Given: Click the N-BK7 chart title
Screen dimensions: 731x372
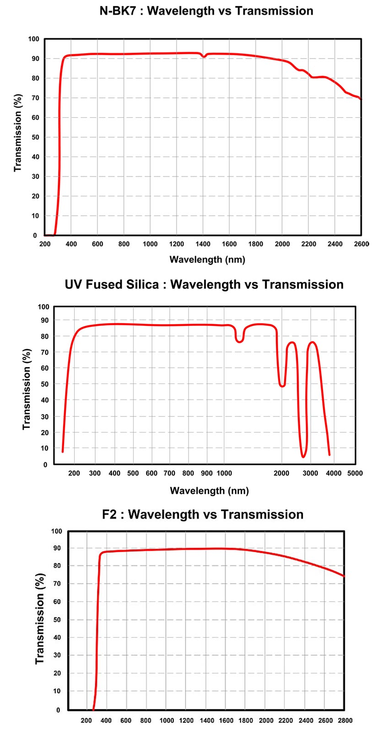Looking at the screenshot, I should click(206, 11).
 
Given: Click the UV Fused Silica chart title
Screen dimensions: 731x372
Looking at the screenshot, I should click(204, 284).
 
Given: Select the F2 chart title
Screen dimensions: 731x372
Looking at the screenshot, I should click(203, 514).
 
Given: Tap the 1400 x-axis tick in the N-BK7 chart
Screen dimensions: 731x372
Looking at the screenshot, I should click(203, 244).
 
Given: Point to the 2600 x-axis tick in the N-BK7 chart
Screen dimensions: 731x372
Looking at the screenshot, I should click(361, 244).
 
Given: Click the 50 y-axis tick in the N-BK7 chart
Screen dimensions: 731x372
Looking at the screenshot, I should click(35, 137).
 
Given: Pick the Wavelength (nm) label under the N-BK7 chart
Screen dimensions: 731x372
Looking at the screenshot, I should click(207, 260).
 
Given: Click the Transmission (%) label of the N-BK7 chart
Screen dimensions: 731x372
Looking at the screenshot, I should click(18, 133).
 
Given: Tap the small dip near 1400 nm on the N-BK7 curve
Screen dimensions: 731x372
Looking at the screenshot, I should click(204, 57).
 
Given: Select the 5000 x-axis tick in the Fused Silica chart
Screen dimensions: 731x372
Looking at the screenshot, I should click(355, 473).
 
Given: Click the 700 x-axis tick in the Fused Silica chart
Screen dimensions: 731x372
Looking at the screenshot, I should click(169, 473).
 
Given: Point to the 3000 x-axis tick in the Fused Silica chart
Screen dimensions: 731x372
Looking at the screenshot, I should click(310, 473).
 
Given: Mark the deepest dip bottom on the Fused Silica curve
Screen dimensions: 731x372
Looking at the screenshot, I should click(303, 456).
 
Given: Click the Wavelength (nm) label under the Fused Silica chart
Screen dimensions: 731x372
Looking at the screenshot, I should click(209, 491).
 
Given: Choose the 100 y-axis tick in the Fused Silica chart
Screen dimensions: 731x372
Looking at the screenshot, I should click(43, 307).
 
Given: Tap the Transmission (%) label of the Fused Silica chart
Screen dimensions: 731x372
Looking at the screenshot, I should click(27, 389).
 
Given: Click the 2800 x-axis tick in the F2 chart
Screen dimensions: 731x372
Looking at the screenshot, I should click(345, 720).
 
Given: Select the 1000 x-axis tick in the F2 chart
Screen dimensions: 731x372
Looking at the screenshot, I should click(166, 720).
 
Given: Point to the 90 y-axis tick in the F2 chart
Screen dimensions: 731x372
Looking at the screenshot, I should click(57, 548).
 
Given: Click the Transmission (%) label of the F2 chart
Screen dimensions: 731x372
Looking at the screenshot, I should click(40, 618).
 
